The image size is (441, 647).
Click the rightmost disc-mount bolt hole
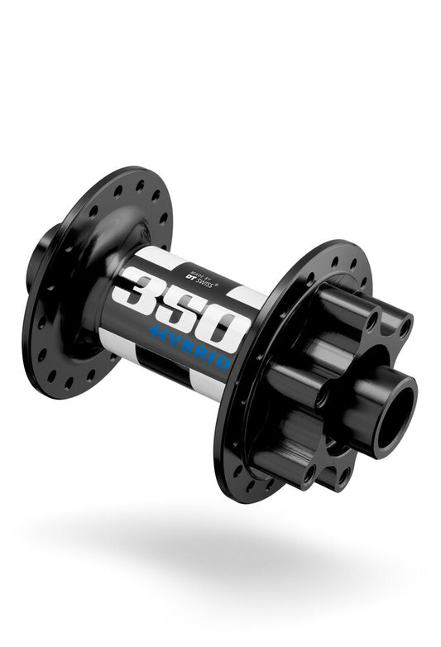405,328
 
